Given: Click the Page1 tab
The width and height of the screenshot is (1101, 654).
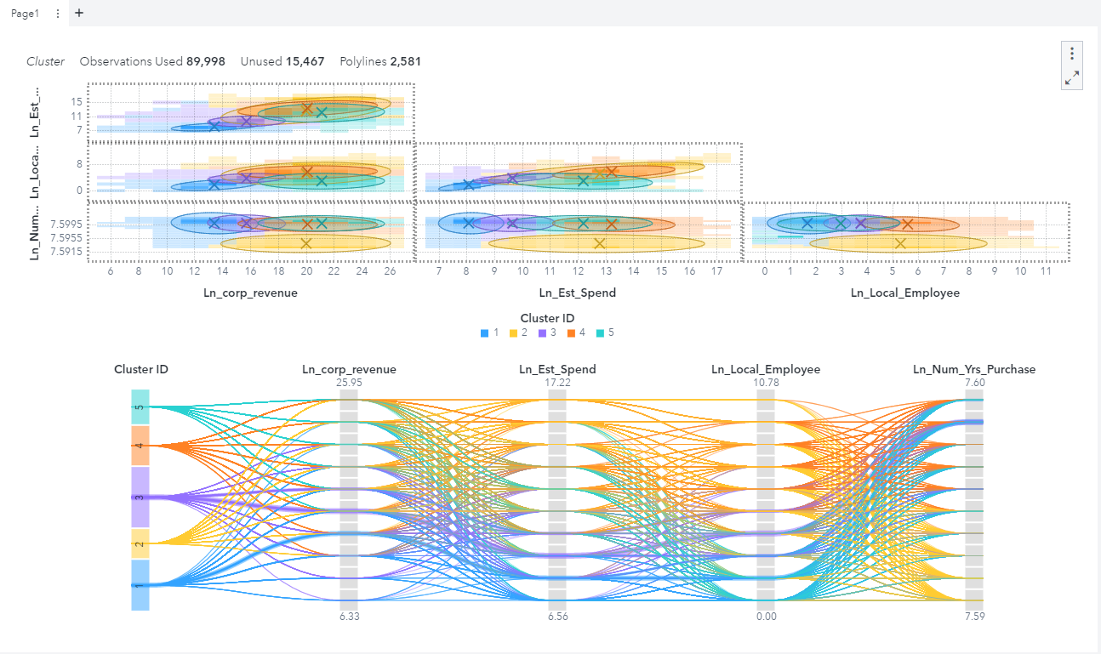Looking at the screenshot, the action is [x=25, y=14].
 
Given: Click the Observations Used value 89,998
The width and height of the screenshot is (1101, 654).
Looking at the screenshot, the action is [x=205, y=61].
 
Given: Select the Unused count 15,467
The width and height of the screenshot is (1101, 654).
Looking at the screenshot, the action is [x=305, y=61].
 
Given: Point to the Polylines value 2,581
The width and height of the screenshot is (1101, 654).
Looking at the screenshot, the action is [x=406, y=61].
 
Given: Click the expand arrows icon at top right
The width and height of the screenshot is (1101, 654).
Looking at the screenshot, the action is [x=1072, y=78].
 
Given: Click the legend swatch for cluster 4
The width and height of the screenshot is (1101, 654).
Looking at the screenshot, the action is [x=571, y=333].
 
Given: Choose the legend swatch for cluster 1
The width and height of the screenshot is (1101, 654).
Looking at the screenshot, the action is [x=484, y=333].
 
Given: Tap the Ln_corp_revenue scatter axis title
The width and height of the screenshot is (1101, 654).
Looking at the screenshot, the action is [x=250, y=293].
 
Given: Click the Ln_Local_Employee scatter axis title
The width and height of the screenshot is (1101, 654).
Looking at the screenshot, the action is [x=905, y=293].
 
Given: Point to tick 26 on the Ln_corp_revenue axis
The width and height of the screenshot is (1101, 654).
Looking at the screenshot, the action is [x=390, y=271].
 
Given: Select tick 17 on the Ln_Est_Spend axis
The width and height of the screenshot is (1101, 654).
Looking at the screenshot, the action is [x=716, y=271].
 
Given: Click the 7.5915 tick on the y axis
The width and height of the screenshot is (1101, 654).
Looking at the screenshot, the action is [x=66, y=252].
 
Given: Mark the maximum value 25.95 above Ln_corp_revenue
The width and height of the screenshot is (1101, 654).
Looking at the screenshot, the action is [x=349, y=382].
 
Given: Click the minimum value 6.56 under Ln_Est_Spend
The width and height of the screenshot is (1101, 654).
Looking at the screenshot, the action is [x=558, y=617].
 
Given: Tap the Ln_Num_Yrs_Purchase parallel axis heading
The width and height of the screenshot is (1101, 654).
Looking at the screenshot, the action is [x=974, y=369].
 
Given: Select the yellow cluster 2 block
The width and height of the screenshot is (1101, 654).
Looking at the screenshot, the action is [x=140, y=544].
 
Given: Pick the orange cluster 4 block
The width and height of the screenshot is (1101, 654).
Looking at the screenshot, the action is [x=140, y=446].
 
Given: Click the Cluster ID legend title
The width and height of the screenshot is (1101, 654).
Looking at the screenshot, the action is [x=547, y=318].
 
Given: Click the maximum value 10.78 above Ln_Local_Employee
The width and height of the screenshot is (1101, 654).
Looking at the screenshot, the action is [x=766, y=382].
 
